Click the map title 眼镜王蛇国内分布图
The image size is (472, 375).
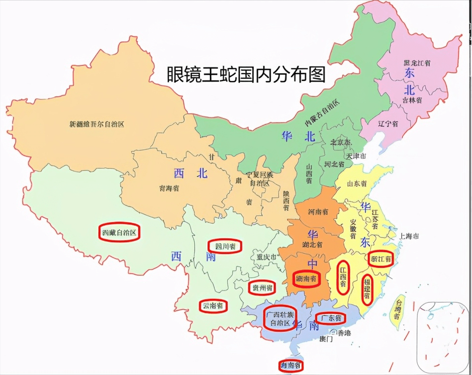246,75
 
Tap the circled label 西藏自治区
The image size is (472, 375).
119,233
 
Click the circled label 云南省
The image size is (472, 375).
213,306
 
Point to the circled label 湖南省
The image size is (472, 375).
306,279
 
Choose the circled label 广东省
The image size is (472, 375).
330,318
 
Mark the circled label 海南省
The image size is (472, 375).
290,366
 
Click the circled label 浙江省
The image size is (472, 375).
382,259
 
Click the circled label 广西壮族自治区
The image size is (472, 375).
280,318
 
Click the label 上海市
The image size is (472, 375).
409,236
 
